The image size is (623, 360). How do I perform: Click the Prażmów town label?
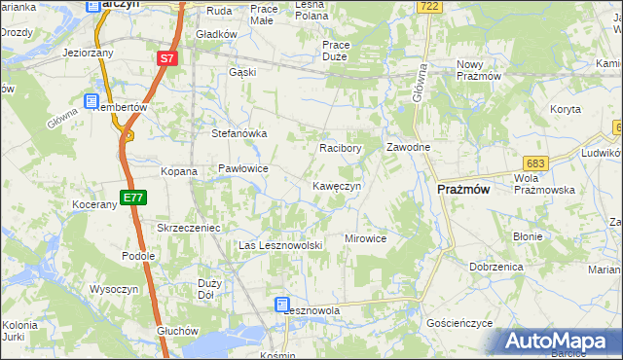point(463,190)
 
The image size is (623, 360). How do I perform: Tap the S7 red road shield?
point(167,59)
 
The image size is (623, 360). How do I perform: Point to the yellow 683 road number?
point(533,163)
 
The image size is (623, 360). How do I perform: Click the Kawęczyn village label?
point(337,186)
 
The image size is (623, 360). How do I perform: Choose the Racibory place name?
point(341,149)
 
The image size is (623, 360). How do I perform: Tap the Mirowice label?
point(366,238)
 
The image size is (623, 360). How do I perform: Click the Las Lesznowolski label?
point(280,246)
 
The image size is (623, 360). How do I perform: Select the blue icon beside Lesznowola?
point(281,305)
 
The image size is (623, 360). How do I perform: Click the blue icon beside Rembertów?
point(92,100)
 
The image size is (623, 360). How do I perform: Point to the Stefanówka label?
point(239,134)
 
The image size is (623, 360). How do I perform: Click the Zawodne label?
point(409,147)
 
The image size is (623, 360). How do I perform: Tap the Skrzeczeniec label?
point(191,228)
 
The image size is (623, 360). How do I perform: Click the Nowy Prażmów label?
point(478,70)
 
